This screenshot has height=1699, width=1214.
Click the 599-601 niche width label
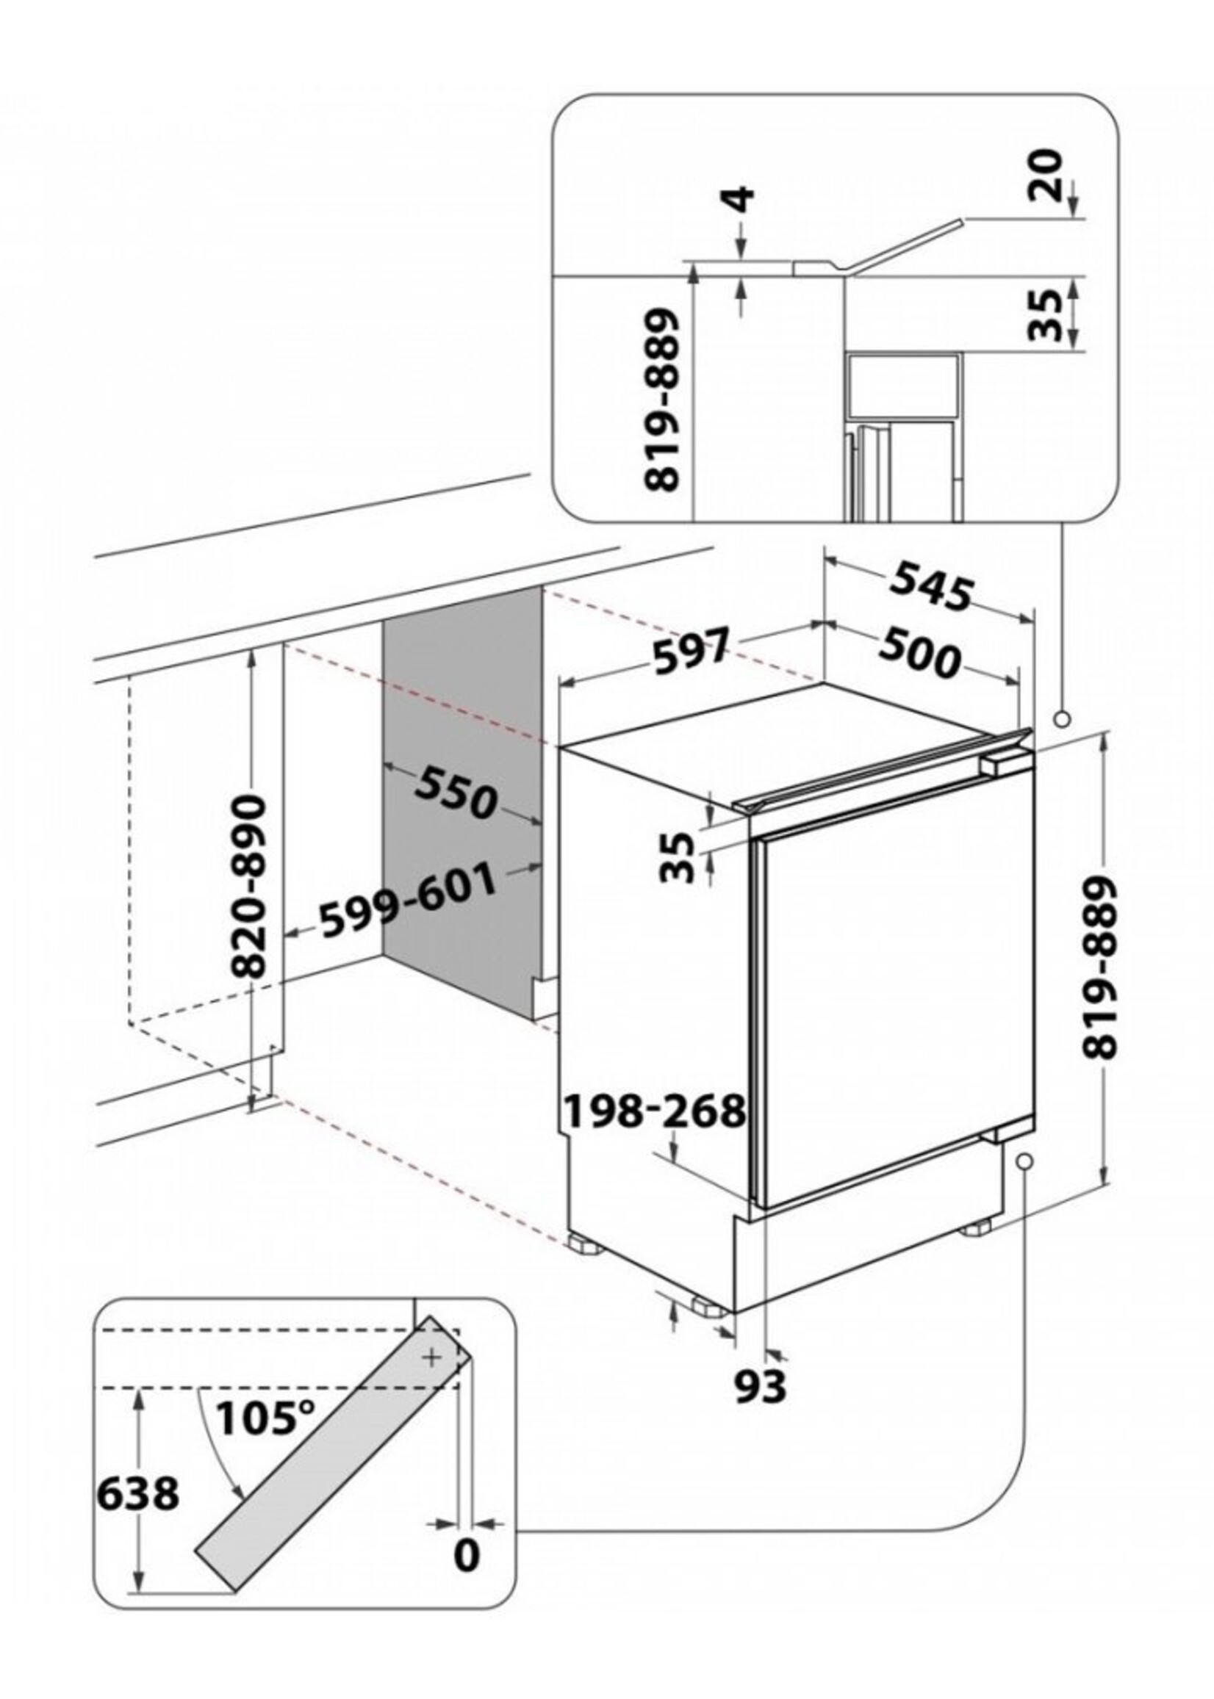click(x=408, y=901)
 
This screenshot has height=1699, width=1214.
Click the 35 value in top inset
click(x=1046, y=314)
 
